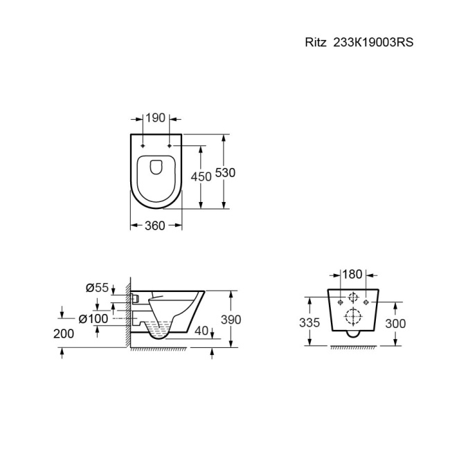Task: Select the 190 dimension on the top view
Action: (156, 118)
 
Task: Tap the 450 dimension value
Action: (201, 176)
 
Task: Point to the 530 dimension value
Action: (225, 172)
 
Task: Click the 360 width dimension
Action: (156, 226)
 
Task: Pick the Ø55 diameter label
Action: (97, 288)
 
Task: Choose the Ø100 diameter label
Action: (93, 318)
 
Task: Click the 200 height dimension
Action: (64, 333)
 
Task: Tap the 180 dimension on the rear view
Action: (352, 275)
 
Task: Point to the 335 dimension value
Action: (310, 323)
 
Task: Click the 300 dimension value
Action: (395, 323)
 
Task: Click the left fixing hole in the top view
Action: (143, 146)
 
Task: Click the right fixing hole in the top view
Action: (169, 146)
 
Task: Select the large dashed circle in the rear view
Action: (352, 318)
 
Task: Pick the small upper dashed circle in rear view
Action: (352, 298)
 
